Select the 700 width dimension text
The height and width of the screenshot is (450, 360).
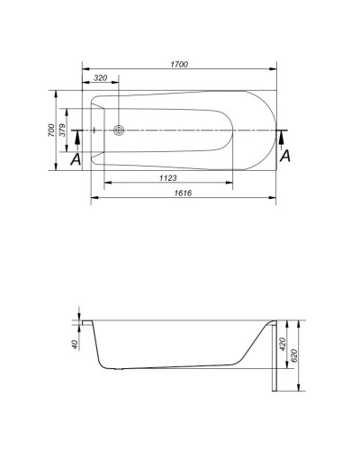point(51,130)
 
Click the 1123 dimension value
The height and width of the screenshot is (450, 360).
point(167,178)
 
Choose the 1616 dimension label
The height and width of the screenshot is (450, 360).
point(183,193)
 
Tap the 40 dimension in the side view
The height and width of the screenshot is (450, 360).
point(75,344)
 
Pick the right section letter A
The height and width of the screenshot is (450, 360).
point(285,156)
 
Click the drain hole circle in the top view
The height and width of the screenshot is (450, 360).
point(120,130)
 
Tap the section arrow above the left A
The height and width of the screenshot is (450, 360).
point(76,138)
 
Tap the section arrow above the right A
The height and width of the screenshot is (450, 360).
point(283,137)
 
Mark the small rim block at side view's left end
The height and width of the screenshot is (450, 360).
point(85,323)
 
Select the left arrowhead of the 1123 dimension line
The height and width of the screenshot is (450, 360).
point(108,184)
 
